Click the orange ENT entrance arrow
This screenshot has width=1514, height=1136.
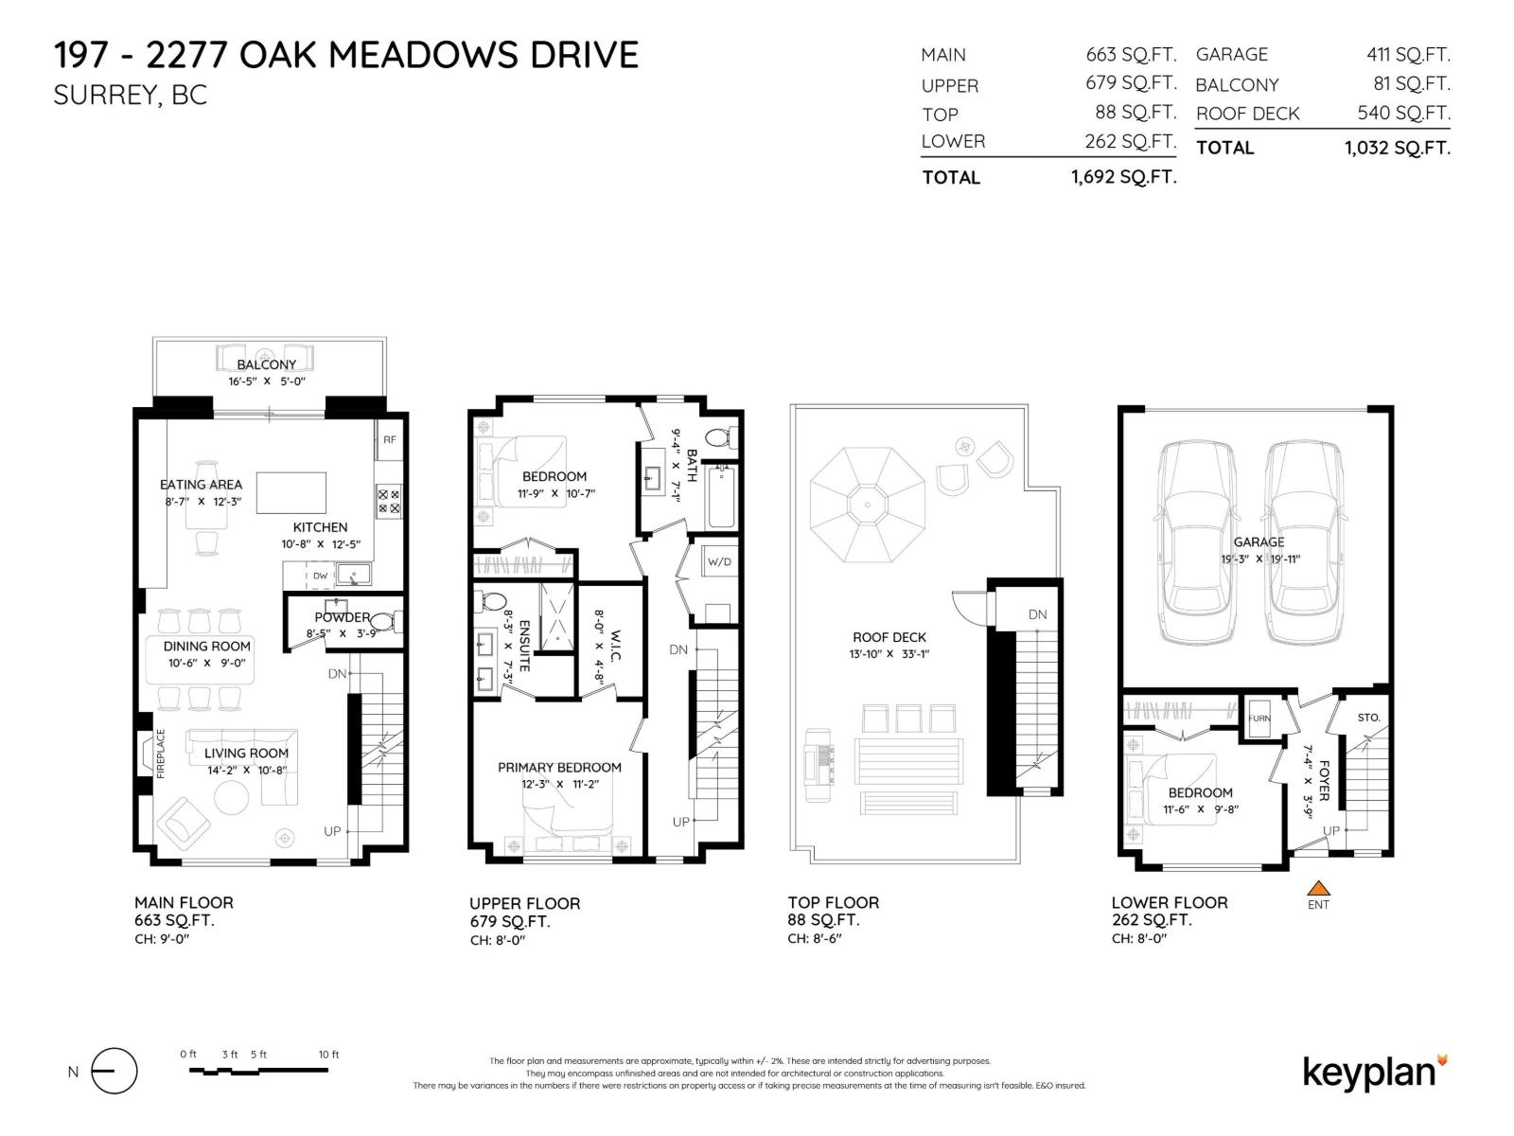[1318, 888]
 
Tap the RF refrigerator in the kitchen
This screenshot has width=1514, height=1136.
[389, 439]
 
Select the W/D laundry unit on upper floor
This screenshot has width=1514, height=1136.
[719, 561]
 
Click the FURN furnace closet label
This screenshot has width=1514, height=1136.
[1259, 718]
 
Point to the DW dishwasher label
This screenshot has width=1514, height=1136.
[320, 576]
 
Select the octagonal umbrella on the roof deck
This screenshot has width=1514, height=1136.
[867, 505]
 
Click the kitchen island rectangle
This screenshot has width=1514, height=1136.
[291, 492]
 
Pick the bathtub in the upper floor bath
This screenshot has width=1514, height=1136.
[721, 496]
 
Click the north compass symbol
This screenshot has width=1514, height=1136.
[114, 1071]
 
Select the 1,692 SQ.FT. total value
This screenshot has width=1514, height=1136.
[1123, 177]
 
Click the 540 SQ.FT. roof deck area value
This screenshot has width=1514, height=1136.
[1403, 113]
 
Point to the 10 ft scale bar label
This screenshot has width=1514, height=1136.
[328, 1054]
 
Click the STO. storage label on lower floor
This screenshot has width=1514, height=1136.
[1368, 718]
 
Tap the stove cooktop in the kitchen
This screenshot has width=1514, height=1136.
[388, 502]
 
